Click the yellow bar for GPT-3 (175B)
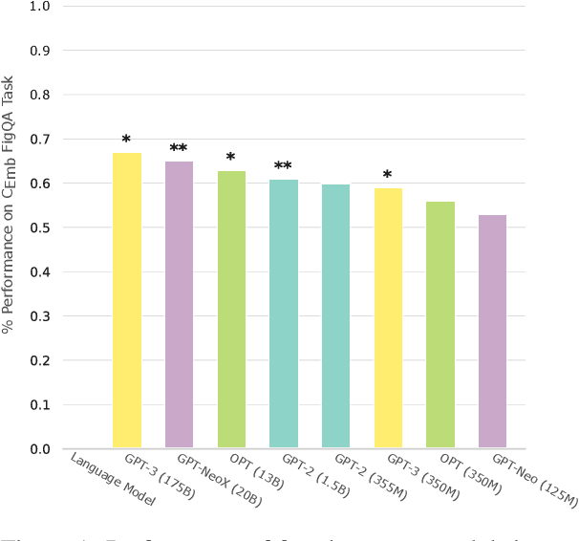(127, 300)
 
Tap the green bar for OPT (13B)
(231, 310)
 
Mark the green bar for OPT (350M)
(440, 325)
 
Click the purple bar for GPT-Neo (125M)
(492, 332)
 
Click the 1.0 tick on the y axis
(41, 7)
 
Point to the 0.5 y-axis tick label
(41, 227)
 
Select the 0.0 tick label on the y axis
(41, 449)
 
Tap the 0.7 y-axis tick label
(41, 140)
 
